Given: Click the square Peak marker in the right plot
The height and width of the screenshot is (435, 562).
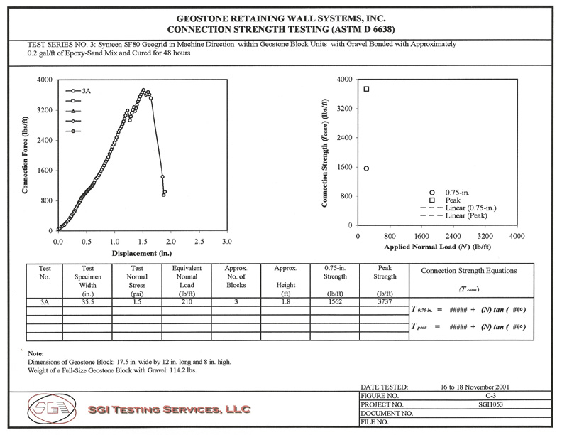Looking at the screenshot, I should [366, 89].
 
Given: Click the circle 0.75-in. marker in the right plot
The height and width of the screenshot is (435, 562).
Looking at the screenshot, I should [366, 168].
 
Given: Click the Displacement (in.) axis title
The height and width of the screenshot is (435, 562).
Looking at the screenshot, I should [142, 253].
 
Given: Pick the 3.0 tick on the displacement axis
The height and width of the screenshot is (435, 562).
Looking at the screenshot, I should [226, 242].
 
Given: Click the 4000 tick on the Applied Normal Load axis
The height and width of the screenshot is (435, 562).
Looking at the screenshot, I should [517, 235].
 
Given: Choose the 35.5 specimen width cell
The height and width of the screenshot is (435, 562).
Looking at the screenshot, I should [88, 302].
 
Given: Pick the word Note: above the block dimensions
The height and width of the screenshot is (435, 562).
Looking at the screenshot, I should [36, 353].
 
